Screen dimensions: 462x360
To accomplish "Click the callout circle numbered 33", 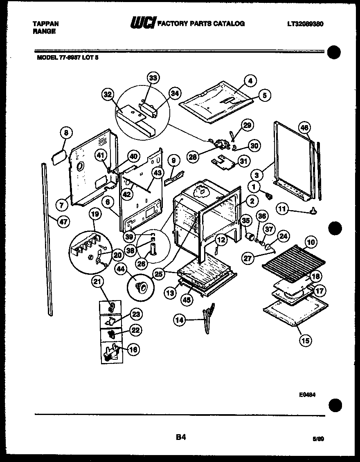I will (153, 78).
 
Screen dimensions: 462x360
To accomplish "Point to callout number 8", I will (66, 132).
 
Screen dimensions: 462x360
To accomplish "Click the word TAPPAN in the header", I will (45, 24).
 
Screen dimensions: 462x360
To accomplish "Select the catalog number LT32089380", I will (305, 24).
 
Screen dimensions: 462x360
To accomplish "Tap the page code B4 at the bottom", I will (181, 437).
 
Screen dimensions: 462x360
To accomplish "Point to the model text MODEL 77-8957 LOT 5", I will (68, 58).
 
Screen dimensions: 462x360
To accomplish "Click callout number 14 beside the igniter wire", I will (180, 321).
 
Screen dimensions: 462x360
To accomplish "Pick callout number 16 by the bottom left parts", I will (133, 349).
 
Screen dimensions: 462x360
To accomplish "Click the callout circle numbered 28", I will (194, 156).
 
